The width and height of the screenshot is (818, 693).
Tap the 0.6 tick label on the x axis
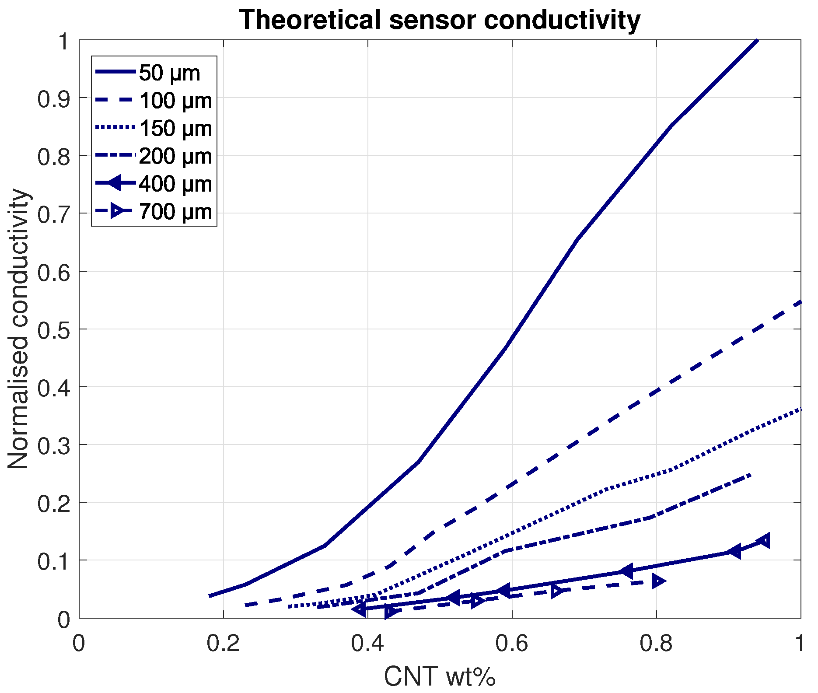512,644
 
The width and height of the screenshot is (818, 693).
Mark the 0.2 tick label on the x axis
223,644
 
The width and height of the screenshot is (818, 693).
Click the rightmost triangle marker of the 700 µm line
658,581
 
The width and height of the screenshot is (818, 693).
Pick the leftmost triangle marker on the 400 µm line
360,609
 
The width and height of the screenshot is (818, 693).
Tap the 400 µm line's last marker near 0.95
764,541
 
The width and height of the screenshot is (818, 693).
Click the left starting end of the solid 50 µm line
210,595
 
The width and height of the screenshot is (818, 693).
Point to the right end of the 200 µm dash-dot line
751,474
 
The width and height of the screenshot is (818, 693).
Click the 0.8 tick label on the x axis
656,644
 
